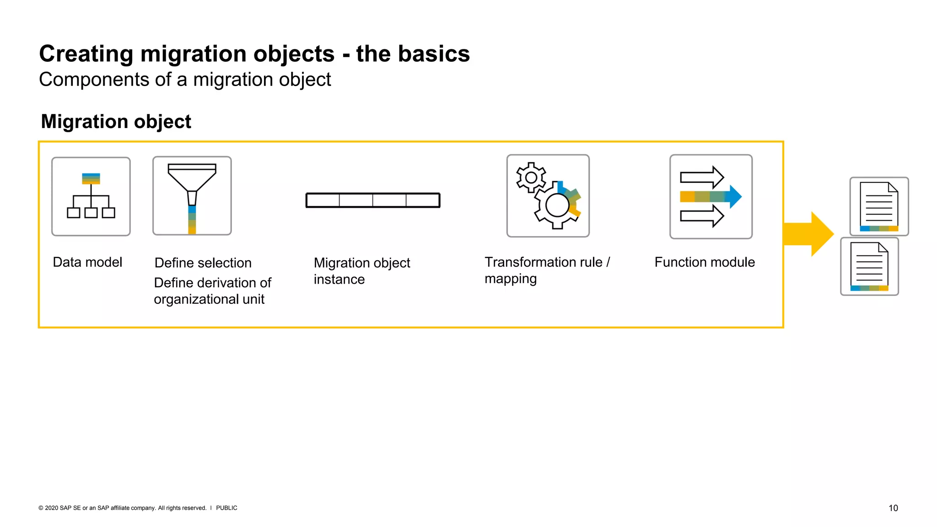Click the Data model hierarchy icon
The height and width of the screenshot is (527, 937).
click(91, 196)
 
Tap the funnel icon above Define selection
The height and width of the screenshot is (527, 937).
click(192, 196)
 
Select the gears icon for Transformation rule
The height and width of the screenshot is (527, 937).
click(548, 196)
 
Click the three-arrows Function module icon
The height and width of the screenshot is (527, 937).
click(711, 197)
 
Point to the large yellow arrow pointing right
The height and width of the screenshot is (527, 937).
click(808, 234)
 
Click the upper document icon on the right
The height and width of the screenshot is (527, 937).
click(879, 206)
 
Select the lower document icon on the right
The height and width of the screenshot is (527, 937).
click(869, 266)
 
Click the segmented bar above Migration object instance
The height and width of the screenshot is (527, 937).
click(373, 200)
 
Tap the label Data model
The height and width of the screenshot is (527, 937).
click(87, 262)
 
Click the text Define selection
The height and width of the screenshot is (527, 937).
click(203, 263)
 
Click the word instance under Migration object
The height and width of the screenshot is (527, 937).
click(339, 280)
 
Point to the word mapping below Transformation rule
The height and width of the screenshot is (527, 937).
click(510, 279)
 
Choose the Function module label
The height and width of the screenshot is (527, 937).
click(704, 262)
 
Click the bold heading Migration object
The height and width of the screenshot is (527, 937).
click(116, 122)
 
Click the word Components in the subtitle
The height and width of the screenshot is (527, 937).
click(94, 80)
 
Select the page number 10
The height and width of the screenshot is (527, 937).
click(893, 508)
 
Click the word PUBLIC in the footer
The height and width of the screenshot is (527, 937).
click(226, 508)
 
